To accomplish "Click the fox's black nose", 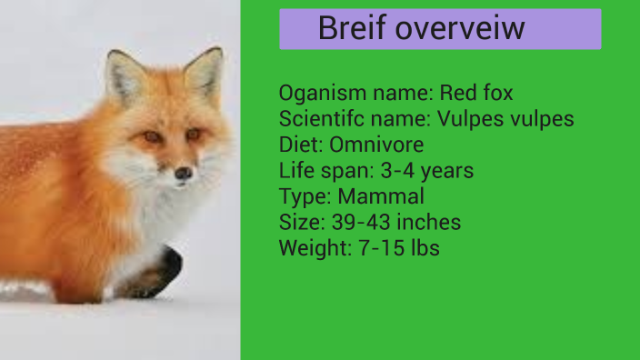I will (x=184, y=172).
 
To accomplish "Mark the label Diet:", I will (x=301, y=145).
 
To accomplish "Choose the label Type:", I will (x=305, y=196).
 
